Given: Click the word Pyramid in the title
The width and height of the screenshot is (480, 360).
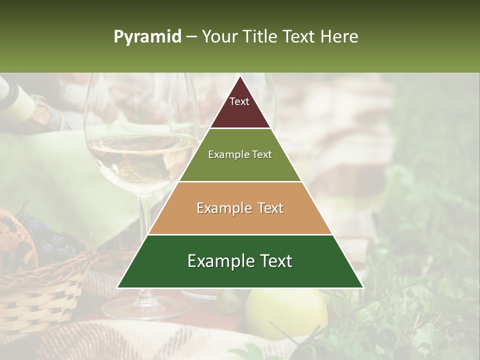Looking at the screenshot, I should pos(147,37).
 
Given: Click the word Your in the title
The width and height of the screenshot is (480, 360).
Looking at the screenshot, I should pos(218,37).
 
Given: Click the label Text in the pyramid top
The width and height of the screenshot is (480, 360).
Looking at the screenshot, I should pos(239,101).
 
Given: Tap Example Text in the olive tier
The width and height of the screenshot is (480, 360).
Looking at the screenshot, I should pos(240,154).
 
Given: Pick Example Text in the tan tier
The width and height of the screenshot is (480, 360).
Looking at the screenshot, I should pos(240,208).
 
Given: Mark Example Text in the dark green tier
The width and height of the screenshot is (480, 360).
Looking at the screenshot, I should pos(240,261).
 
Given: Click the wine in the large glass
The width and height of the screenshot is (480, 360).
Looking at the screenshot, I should pos(140,160).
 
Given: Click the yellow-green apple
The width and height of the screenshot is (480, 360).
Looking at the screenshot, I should pos(285,312).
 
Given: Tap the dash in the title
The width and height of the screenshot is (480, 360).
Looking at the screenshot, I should pos(191,37).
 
